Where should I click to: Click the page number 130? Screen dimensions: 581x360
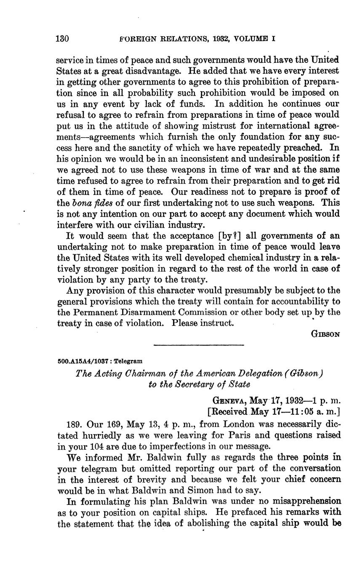point(62,39)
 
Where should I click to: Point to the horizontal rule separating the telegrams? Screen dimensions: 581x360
point(199,346)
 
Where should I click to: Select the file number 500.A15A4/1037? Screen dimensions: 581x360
point(82,361)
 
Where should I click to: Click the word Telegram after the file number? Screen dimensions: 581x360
point(128,361)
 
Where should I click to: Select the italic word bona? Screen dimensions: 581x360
point(79,203)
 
